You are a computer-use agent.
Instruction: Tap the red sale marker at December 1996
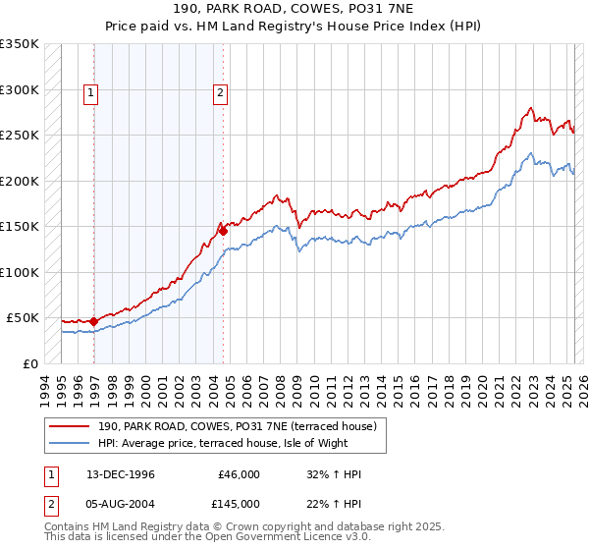tap(93, 321)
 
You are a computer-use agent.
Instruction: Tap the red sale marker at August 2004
tap(223, 230)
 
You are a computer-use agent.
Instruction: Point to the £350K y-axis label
tap(20, 44)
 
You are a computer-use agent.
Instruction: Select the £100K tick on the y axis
tap(20, 272)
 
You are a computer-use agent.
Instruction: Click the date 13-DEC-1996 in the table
tap(121, 474)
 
